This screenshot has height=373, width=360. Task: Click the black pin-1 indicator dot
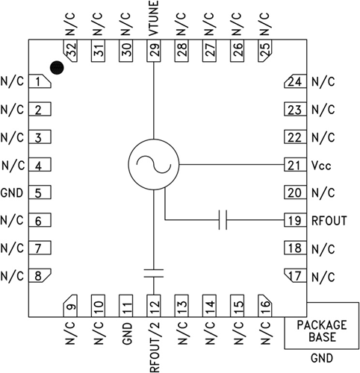[58, 68]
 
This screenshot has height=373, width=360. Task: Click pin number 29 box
[154, 51]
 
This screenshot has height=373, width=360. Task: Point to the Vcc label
[322, 165]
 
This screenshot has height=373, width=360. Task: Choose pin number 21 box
[296, 165]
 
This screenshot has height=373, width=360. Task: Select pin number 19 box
[296, 221]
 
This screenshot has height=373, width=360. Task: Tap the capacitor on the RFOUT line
[223, 221]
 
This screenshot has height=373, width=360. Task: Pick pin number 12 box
[154, 305]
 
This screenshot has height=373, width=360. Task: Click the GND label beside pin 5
[13, 192]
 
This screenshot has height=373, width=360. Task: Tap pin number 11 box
[126, 305]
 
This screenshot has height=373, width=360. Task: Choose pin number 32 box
[71, 51]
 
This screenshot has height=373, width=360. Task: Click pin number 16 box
[264, 305]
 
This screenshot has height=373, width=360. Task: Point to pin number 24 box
[296, 82]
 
